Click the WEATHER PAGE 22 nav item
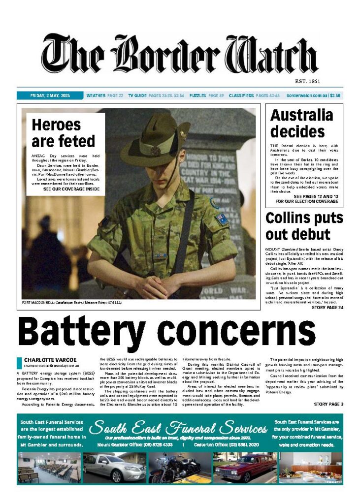[104, 95]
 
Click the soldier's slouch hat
[156, 140]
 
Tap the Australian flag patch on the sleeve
[222, 219]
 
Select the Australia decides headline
[301, 123]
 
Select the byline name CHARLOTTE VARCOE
[50, 360]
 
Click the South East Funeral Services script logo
[179, 427]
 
